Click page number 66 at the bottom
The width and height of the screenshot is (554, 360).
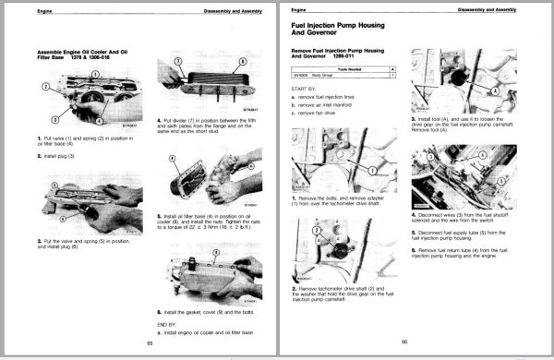(x=404, y=343)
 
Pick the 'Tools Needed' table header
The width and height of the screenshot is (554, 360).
(x=343, y=67)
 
